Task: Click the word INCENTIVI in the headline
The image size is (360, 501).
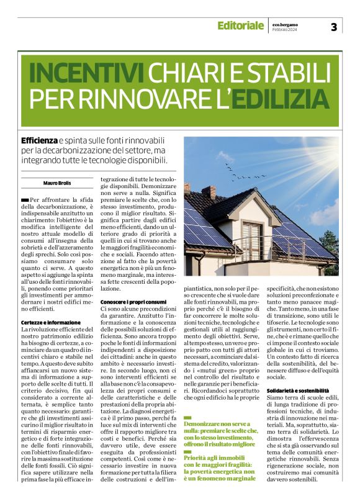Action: [x=83, y=73]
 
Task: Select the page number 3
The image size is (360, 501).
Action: [x=334, y=26]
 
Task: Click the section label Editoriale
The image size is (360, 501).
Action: [x=240, y=25]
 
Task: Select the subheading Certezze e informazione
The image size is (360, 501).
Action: [x=51, y=323]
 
